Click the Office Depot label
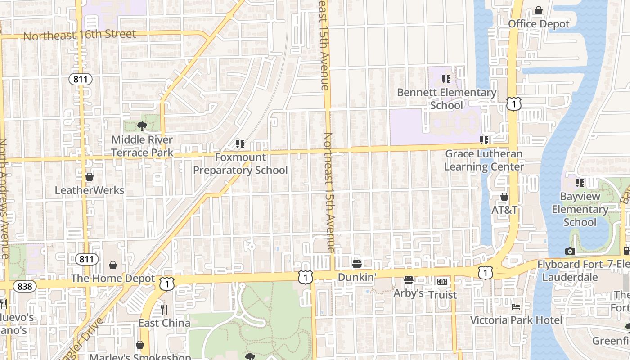539,24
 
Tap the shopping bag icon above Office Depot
539,10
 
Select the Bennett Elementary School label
446,99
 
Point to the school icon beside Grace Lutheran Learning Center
484,140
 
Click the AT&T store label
504,210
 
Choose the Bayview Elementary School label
580,209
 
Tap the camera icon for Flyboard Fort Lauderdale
570,251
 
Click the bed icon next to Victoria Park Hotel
516,307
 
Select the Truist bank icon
442,282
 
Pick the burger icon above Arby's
409,280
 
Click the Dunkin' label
357,277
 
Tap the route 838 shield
25,286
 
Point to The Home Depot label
113,279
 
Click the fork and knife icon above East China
164,310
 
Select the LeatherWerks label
90,190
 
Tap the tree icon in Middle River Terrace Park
142,126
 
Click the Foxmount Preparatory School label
240,164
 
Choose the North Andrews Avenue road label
4,198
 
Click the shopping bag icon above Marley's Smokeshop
140,345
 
